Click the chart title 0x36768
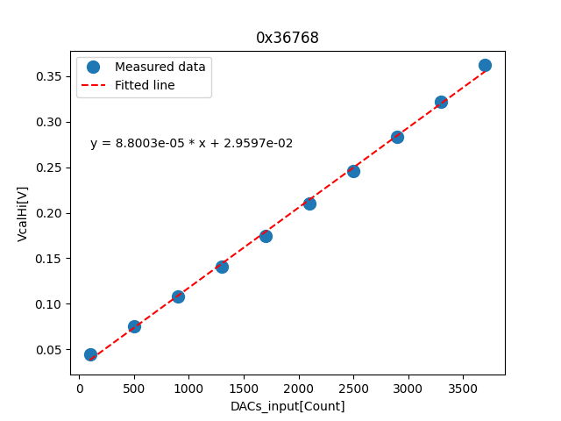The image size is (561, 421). [x=288, y=38]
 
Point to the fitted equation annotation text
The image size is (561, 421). [x=191, y=143]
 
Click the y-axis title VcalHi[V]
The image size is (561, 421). [x=23, y=213]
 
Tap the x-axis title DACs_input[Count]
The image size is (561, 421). [x=288, y=406]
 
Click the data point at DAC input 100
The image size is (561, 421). [x=90, y=354]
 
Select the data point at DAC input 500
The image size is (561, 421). [x=134, y=326]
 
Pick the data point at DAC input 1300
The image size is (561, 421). [x=222, y=267]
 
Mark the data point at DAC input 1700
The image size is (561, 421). [x=266, y=236]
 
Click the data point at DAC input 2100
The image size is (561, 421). [x=309, y=203]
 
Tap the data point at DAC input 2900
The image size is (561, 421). [x=397, y=137]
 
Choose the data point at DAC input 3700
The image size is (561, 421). [x=485, y=65]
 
